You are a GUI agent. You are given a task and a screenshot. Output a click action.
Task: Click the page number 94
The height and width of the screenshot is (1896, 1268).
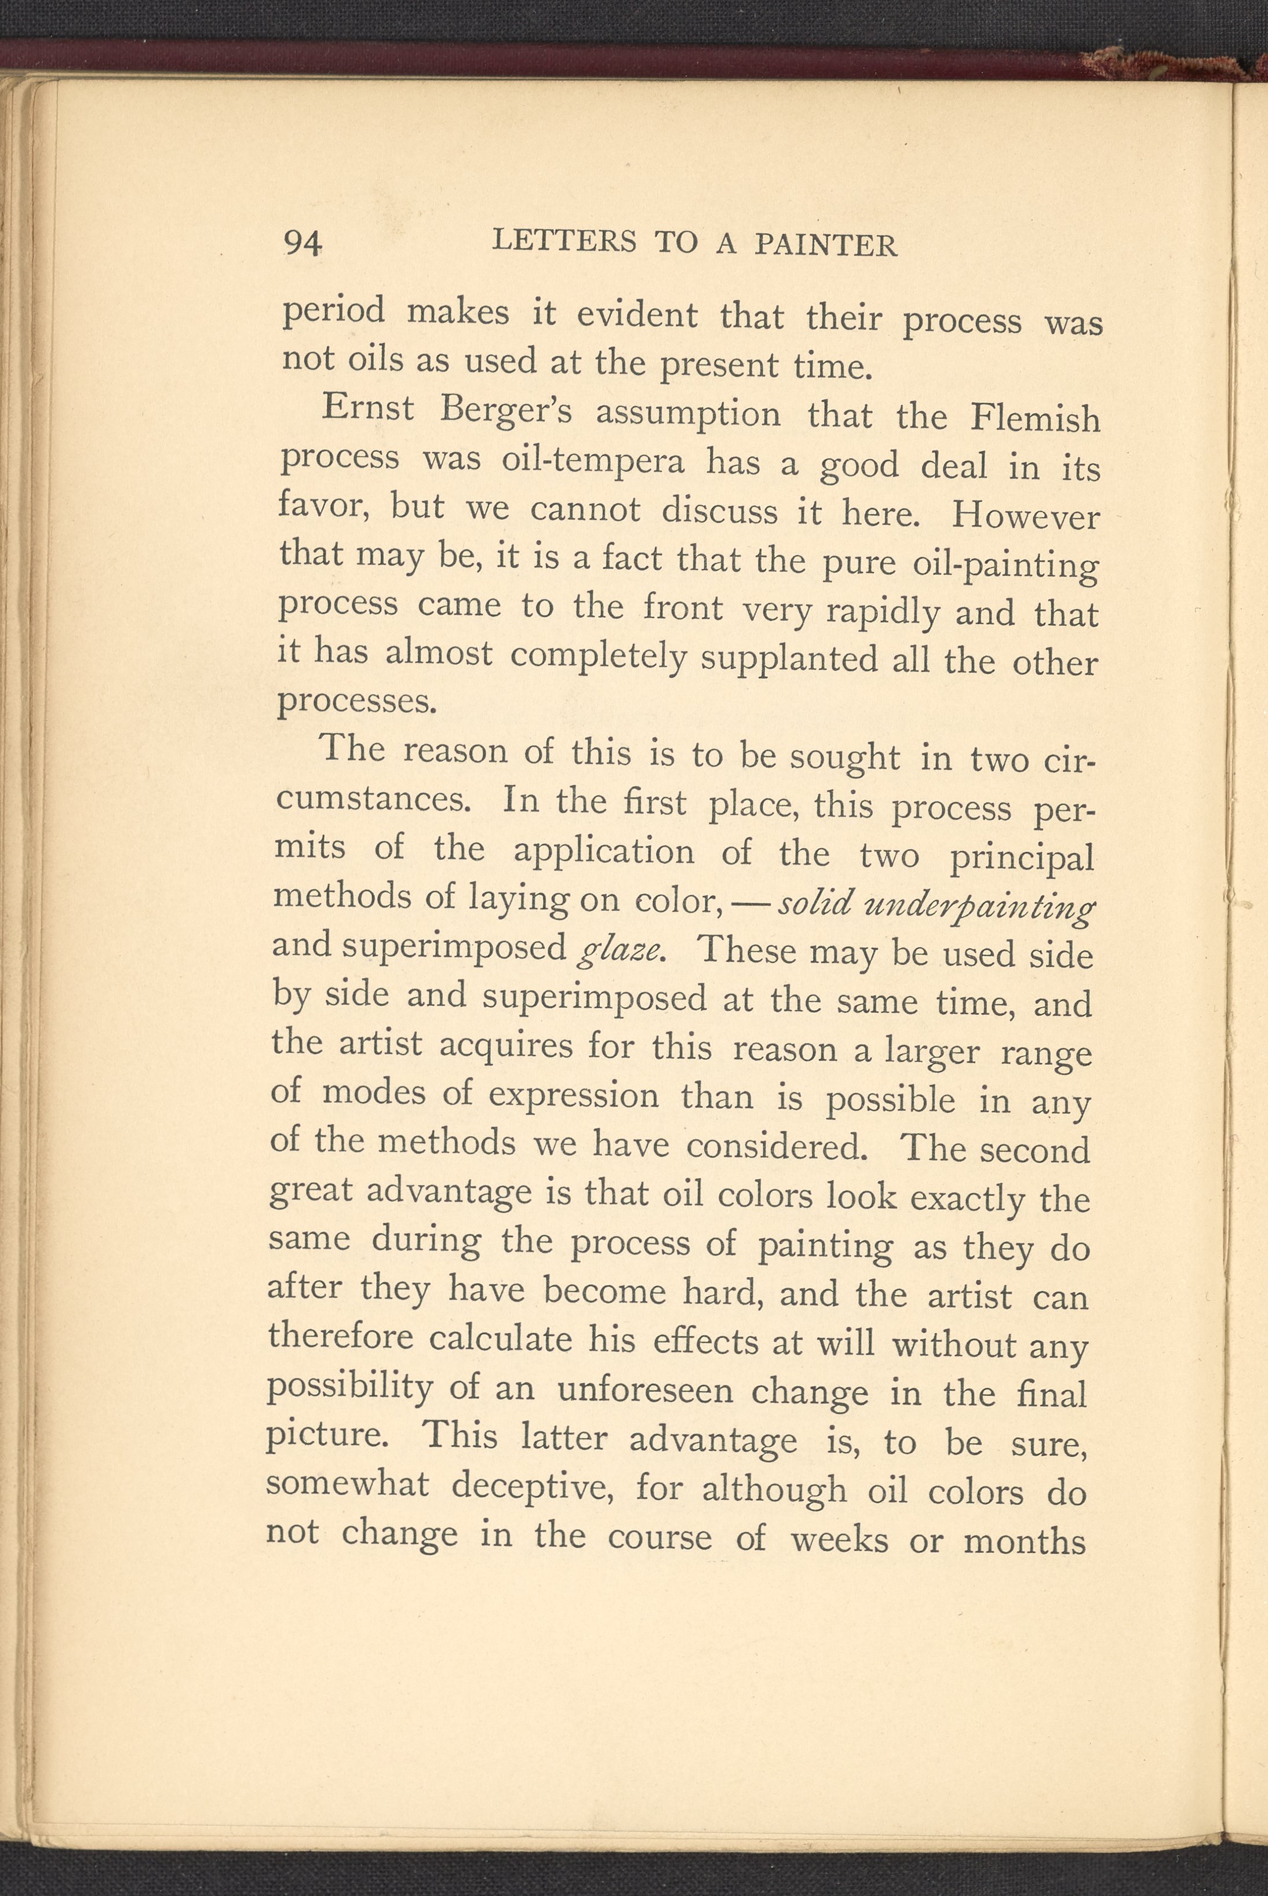pyautogui.click(x=303, y=243)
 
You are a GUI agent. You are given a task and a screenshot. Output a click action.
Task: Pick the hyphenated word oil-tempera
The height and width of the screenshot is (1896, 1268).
pyautogui.click(x=593, y=461)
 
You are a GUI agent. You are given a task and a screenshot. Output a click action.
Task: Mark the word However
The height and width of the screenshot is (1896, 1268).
pyautogui.click(x=1025, y=516)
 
